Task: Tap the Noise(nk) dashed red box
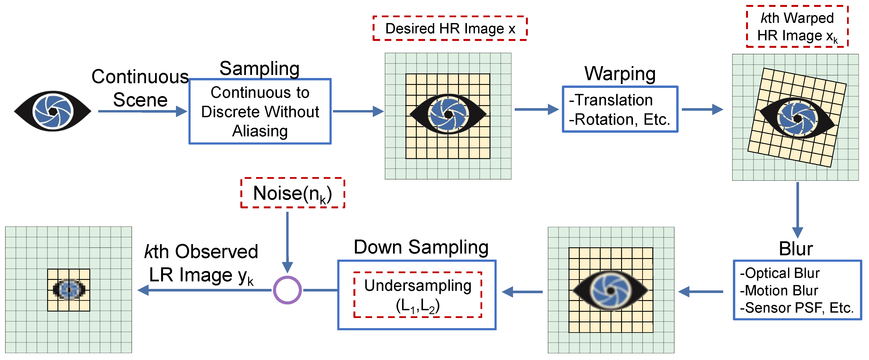pos(292,193)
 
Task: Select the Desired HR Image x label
pos(450,28)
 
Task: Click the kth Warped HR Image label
pos(797,26)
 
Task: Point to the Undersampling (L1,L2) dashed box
pos(418,295)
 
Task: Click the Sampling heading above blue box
pos(260,69)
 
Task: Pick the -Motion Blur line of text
pos(779,290)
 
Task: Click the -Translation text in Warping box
pos(611,100)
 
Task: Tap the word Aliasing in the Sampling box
pos(260,131)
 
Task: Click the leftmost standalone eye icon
pos(53,111)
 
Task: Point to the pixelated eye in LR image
pos(69,289)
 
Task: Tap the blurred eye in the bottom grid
pos(610,290)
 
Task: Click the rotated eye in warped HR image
pos(797,118)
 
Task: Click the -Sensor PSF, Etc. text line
pos(796,308)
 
